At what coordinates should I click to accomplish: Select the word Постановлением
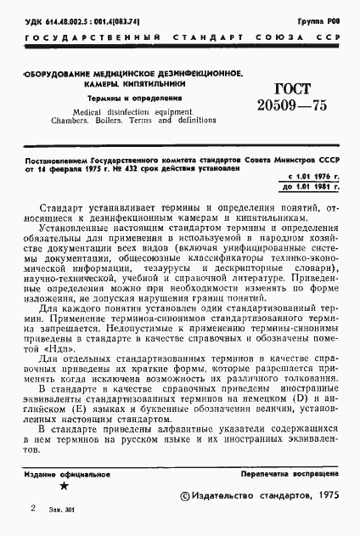coord(52,159)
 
